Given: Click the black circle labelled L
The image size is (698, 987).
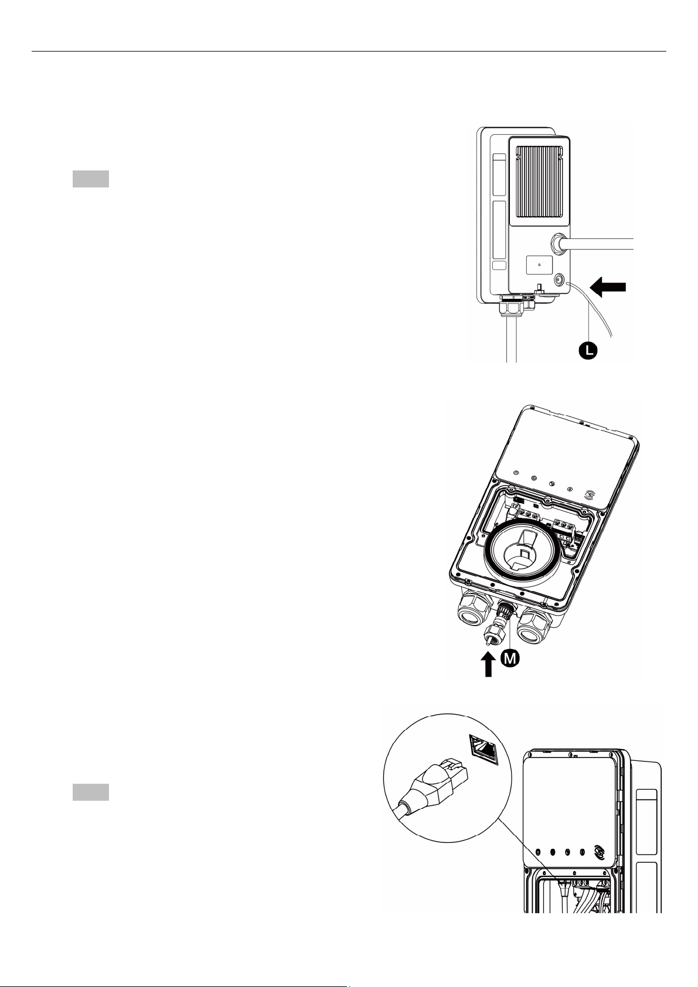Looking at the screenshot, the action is click(x=588, y=351).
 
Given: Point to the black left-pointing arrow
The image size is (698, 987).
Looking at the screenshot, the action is click(x=608, y=287).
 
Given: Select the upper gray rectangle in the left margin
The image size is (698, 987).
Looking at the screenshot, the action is click(x=91, y=179).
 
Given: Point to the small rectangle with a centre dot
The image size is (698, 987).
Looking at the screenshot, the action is click(x=540, y=265).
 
